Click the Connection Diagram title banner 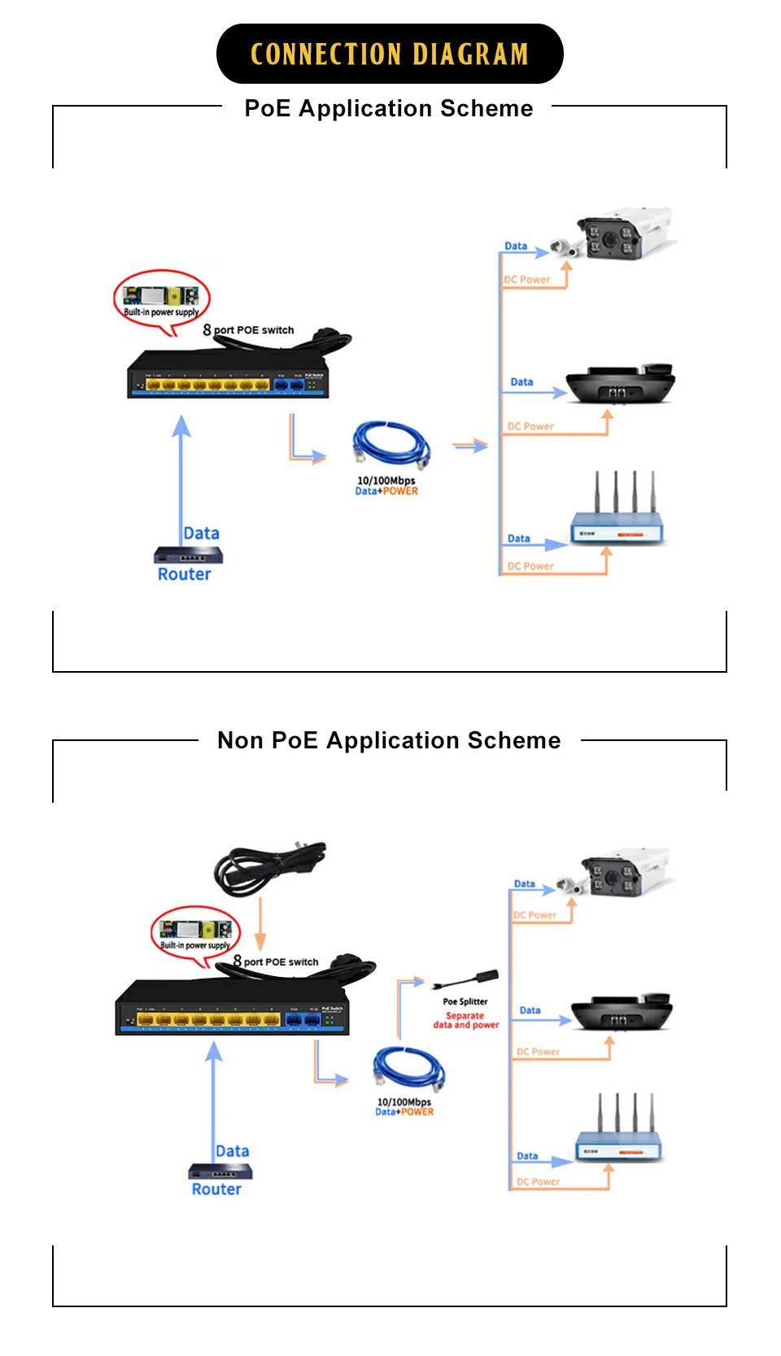[x=390, y=54]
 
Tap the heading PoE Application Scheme [x=389, y=108]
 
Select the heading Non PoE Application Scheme [x=389, y=740]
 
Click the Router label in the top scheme [x=185, y=574]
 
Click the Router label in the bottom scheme [x=216, y=1189]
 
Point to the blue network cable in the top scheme [x=391, y=445]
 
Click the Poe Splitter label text [x=465, y=1001]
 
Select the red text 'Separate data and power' [x=465, y=1020]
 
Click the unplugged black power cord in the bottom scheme [x=268, y=867]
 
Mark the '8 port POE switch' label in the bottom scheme [x=276, y=961]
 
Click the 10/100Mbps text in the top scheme [x=386, y=480]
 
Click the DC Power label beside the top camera [x=527, y=280]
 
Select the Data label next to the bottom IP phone [x=530, y=1010]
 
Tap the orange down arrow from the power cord [x=260, y=924]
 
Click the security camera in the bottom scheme [x=622, y=874]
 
